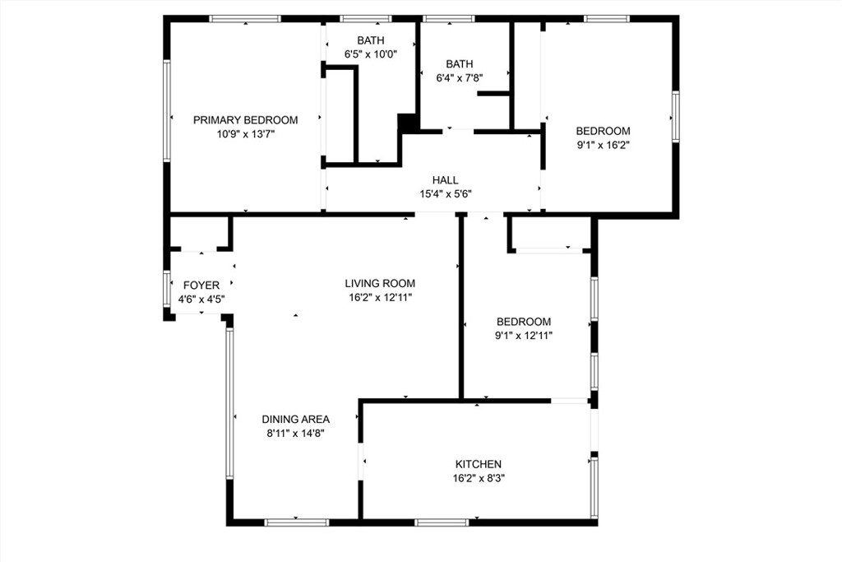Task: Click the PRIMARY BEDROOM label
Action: (x=245, y=120)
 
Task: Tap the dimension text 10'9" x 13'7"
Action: (x=245, y=134)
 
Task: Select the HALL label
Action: (x=445, y=180)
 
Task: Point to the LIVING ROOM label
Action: (x=380, y=283)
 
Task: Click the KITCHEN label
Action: (x=479, y=464)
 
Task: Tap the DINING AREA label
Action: (x=296, y=419)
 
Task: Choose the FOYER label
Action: (x=201, y=286)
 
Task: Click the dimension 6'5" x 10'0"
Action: (x=371, y=53)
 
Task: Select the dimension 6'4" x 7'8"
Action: (x=459, y=78)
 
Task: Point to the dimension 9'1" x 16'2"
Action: (x=603, y=145)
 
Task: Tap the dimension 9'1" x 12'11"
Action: (x=524, y=336)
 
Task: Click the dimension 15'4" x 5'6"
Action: (x=446, y=194)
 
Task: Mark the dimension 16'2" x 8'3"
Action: (x=479, y=478)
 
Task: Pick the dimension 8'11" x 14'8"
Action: (x=296, y=433)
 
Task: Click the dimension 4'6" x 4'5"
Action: (x=201, y=300)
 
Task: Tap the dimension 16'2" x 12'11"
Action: (x=380, y=297)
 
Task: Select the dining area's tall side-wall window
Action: (x=229, y=403)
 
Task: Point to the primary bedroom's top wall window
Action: (x=245, y=19)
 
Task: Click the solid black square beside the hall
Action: (x=408, y=123)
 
